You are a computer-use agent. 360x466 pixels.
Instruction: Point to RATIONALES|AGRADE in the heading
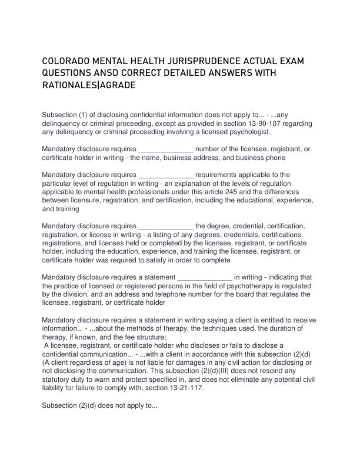pyautogui.click(x=89, y=85)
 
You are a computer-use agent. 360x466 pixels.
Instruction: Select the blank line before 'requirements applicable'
pyautogui.click(x=165, y=175)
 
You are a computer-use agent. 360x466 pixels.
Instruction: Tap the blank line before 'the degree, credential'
pyautogui.click(x=165, y=226)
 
